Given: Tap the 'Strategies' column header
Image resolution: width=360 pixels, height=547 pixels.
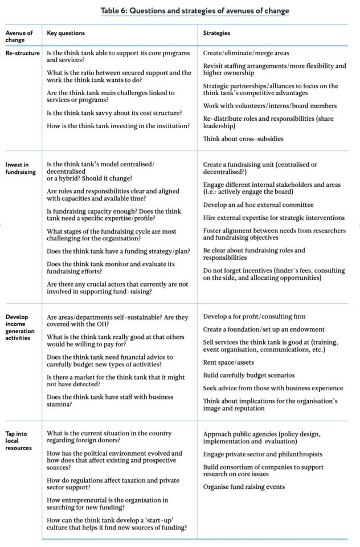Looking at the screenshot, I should (x=216, y=33).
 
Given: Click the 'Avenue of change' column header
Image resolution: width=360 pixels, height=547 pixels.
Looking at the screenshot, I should (x=20, y=36).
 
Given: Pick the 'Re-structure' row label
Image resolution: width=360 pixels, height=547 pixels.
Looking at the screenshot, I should (x=23, y=53).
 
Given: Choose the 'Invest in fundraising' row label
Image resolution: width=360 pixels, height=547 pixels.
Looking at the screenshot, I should (x=21, y=168).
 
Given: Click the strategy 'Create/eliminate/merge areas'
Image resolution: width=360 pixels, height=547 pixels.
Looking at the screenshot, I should (x=246, y=53).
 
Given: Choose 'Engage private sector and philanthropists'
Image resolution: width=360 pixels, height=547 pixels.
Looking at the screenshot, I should (x=263, y=454).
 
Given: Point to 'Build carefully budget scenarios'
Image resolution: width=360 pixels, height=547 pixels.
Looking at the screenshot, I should (x=249, y=375).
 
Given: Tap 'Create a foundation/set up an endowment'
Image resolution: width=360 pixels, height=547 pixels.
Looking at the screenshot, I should (x=264, y=329).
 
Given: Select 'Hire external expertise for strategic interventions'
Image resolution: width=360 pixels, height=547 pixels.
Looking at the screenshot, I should (x=274, y=218).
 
